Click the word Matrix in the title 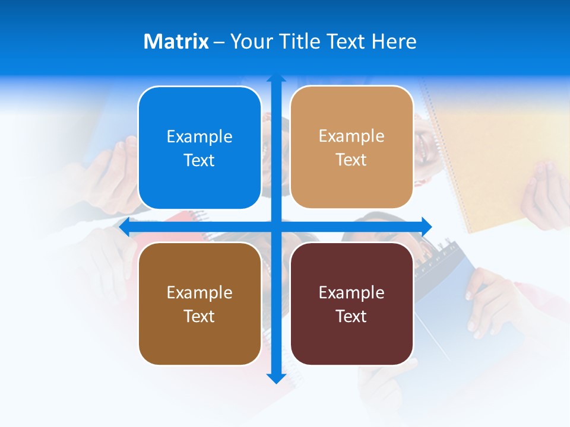coord(176,42)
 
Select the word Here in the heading coord(394,42)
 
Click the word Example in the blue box coord(199,136)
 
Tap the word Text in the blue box coord(199,160)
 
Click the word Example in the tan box coord(351,136)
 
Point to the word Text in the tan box coord(351,160)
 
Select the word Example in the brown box coord(199,292)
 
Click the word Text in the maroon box coord(351,316)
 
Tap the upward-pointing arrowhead coord(276,79)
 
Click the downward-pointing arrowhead coord(276,378)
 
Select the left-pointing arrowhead coord(125,227)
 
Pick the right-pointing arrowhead coord(426,226)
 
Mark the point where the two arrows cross coord(276,227)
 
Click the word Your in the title coord(248,42)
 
